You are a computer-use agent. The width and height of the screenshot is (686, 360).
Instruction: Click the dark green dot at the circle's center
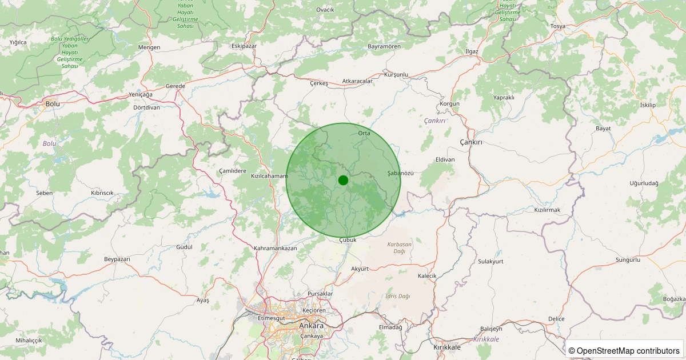click(x=343, y=180)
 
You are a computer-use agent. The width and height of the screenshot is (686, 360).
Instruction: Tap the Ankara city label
click(x=311, y=326)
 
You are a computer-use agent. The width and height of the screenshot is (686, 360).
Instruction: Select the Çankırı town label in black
click(x=471, y=142)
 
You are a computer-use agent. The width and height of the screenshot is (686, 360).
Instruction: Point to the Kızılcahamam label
click(x=269, y=176)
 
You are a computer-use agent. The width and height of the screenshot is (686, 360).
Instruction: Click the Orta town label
click(x=364, y=133)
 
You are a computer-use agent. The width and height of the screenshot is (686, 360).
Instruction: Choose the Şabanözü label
click(x=400, y=173)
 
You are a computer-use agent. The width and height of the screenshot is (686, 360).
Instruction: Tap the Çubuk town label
click(x=348, y=240)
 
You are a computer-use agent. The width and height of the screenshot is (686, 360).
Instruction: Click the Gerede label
click(x=176, y=86)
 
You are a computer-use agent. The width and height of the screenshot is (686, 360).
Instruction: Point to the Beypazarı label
click(x=117, y=259)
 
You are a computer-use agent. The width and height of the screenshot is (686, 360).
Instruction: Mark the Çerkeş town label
click(x=319, y=83)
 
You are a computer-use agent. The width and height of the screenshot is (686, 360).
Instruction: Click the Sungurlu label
click(x=628, y=260)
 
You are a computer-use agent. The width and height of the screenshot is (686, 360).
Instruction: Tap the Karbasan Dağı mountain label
click(x=400, y=247)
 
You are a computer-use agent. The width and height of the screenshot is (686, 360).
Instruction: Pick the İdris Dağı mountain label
click(x=398, y=296)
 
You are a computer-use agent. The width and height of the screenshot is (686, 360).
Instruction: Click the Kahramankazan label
click(x=275, y=249)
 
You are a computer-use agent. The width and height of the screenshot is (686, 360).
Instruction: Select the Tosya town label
click(x=557, y=26)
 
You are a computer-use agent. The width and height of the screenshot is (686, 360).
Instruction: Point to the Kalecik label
click(x=428, y=276)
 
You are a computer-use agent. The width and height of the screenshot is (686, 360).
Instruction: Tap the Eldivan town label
click(x=445, y=159)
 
